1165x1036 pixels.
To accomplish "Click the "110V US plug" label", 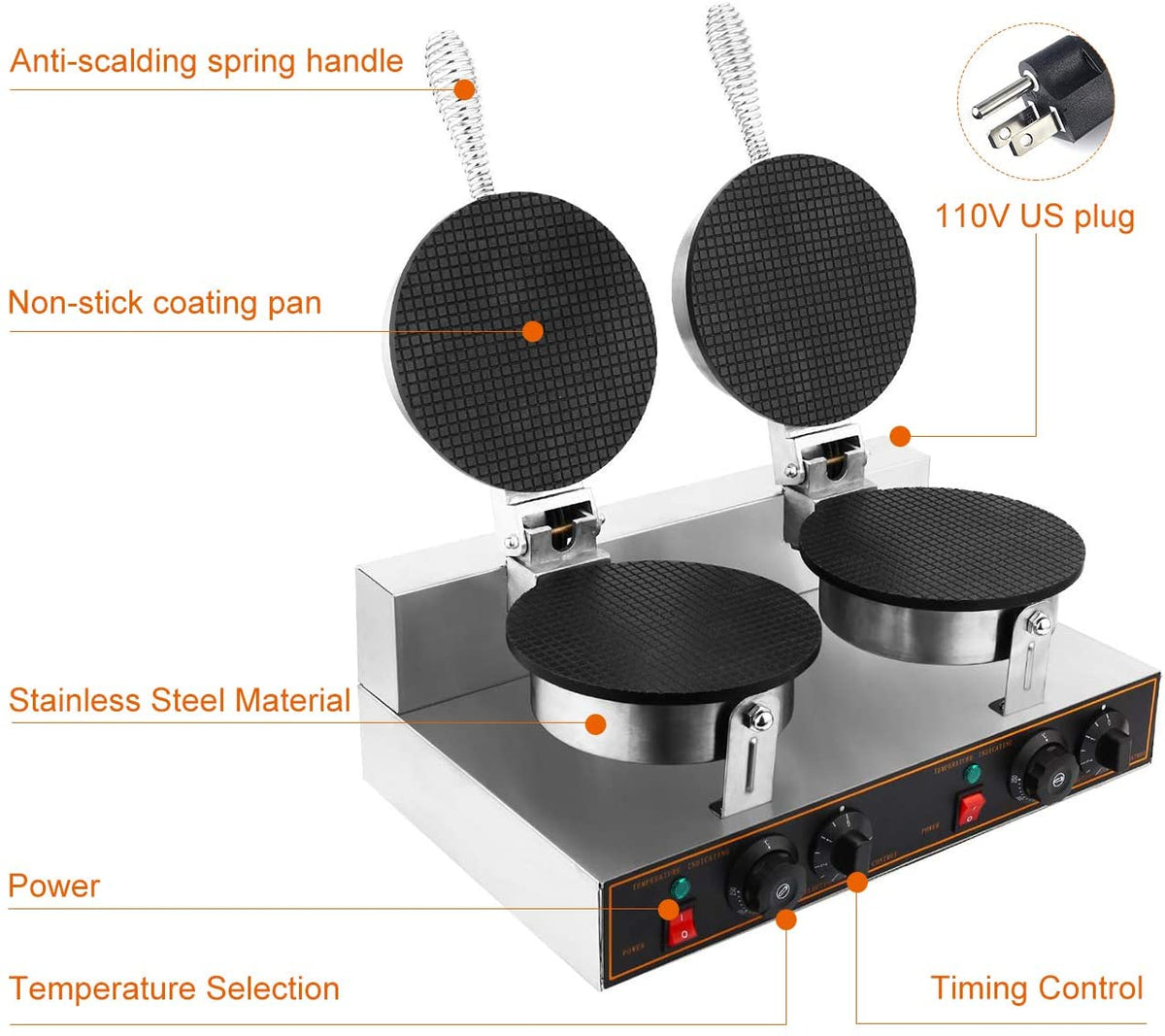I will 1034,216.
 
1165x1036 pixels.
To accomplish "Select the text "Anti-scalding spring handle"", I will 206,61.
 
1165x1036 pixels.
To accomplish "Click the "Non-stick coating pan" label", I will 164,303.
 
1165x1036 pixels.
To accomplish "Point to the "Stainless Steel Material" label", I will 180,700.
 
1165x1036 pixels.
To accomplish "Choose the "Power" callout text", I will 54,886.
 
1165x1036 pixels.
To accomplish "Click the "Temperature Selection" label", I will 175,988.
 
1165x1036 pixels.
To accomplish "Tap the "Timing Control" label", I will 1037,987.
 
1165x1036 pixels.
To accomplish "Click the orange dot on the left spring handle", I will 465,89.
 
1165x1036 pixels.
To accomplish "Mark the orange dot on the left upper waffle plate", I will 532,331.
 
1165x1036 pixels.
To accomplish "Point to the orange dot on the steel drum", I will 596,722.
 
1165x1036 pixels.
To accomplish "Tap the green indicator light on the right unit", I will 971,774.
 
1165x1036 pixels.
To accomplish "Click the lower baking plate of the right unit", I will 942,544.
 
